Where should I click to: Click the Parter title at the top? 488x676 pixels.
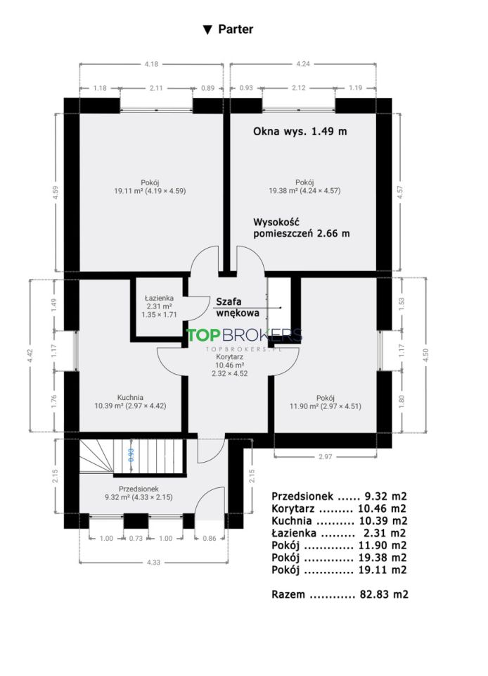coord(228,30)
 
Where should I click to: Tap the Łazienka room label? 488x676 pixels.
coord(159,298)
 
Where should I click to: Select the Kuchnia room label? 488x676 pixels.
coord(130,397)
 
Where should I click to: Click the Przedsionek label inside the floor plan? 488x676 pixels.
coord(139,489)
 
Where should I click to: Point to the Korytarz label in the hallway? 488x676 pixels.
coord(230,357)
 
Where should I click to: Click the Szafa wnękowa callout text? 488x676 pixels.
coord(237,308)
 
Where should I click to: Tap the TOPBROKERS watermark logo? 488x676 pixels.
coord(244,335)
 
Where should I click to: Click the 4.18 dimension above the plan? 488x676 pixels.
coord(151,64)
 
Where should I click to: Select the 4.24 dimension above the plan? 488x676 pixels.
coord(303,64)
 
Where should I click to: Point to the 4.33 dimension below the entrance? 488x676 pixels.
coord(153,562)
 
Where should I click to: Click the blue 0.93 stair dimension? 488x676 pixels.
coord(131,455)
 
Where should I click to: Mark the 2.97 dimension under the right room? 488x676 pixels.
coord(326,456)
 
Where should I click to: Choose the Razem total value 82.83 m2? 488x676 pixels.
coord(384,594)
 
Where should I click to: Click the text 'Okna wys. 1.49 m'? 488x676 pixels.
coord(300,132)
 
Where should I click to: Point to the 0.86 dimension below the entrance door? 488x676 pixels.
coord(209,539)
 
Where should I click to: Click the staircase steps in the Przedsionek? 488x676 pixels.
coord(132,457)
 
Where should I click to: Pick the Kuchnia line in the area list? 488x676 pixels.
coord(340,521)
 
